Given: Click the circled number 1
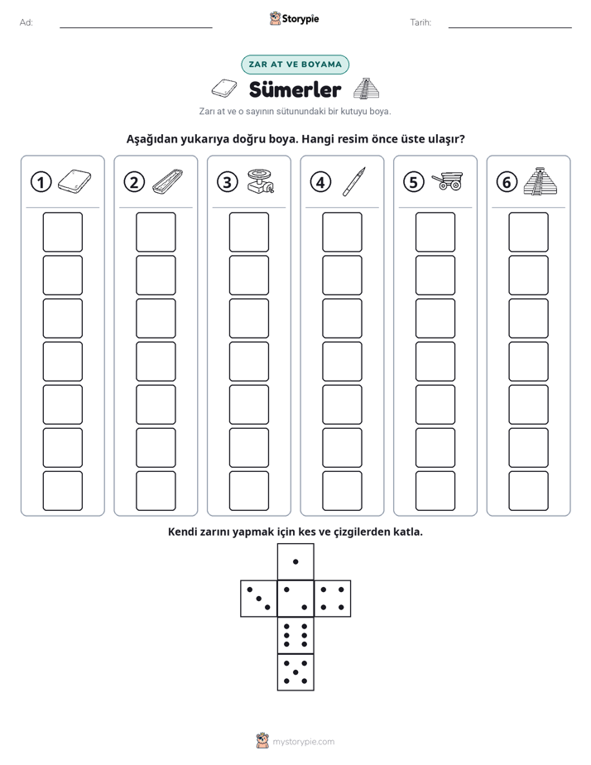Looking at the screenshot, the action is [x=41, y=182].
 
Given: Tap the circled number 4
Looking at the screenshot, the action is [x=320, y=182].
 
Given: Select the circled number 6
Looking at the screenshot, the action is [x=507, y=182].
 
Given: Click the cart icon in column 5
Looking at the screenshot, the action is [x=447, y=180].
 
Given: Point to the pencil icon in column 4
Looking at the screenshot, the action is [x=354, y=181].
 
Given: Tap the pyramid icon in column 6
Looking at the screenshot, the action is [x=541, y=181].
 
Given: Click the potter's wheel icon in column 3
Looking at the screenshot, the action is [x=261, y=181].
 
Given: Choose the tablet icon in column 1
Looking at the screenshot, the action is [x=74, y=181].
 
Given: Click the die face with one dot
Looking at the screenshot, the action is [x=295, y=562].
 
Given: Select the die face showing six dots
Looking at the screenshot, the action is [x=295, y=635].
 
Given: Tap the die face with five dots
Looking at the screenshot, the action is [x=295, y=672].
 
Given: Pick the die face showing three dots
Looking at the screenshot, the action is [x=259, y=599].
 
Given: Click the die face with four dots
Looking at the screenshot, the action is [x=333, y=599].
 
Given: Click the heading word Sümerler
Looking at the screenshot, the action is [x=295, y=89].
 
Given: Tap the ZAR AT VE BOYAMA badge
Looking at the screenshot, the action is [x=295, y=65].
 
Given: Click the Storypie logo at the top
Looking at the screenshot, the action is [x=294, y=18].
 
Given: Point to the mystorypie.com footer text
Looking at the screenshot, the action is [x=303, y=742].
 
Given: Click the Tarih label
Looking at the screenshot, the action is [x=420, y=22].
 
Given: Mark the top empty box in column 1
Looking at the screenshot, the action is [x=62, y=232].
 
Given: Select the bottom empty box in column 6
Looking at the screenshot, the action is [x=529, y=491].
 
